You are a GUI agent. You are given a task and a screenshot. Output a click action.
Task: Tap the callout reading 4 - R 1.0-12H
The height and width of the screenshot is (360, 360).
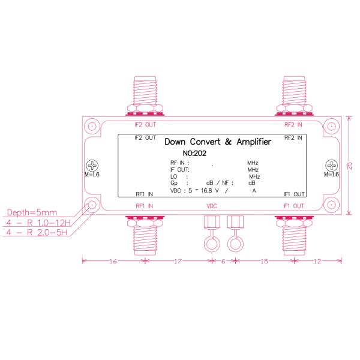click(x=38, y=223)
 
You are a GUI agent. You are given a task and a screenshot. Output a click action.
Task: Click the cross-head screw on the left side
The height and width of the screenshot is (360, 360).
click(x=92, y=165)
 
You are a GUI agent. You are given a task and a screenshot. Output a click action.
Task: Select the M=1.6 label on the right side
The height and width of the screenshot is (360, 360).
click(x=331, y=175)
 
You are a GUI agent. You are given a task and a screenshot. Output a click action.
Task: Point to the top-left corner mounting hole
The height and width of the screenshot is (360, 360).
click(x=91, y=127)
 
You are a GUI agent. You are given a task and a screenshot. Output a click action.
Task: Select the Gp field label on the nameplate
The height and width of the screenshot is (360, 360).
click(x=175, y=182)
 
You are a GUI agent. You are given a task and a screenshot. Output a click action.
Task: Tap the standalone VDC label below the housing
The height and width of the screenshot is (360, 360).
click(x=212, y=206)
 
